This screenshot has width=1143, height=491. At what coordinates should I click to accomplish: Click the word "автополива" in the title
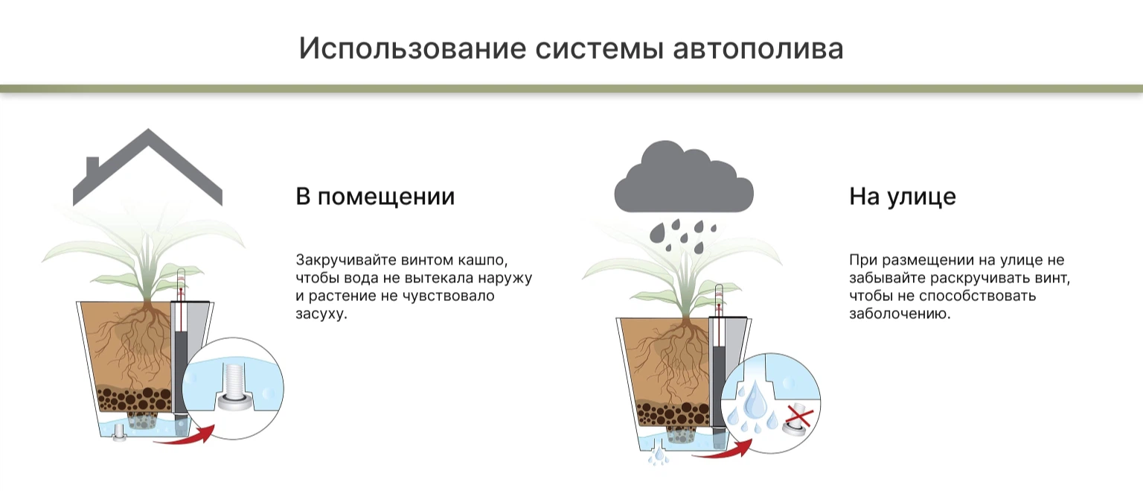pos(758,49)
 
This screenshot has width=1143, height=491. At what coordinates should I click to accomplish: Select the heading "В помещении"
pos(375,197)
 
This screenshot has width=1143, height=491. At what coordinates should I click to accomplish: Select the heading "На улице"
pos(902,197)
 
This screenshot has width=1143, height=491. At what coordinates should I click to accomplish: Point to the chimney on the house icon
pos(92,167)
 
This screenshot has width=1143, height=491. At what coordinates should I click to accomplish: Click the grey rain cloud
pos(684,179)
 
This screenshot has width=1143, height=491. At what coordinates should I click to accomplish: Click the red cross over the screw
pos(798,417)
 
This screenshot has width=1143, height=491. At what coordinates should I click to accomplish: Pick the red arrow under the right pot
pos(725,452)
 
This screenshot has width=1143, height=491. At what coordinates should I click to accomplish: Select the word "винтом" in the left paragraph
pos(426,260)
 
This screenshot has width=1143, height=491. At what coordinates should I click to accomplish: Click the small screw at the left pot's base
pos(118,432)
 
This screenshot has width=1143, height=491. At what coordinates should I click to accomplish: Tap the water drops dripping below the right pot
pos(659,455)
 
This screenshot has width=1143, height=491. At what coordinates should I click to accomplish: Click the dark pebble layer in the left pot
pos(134,399)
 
